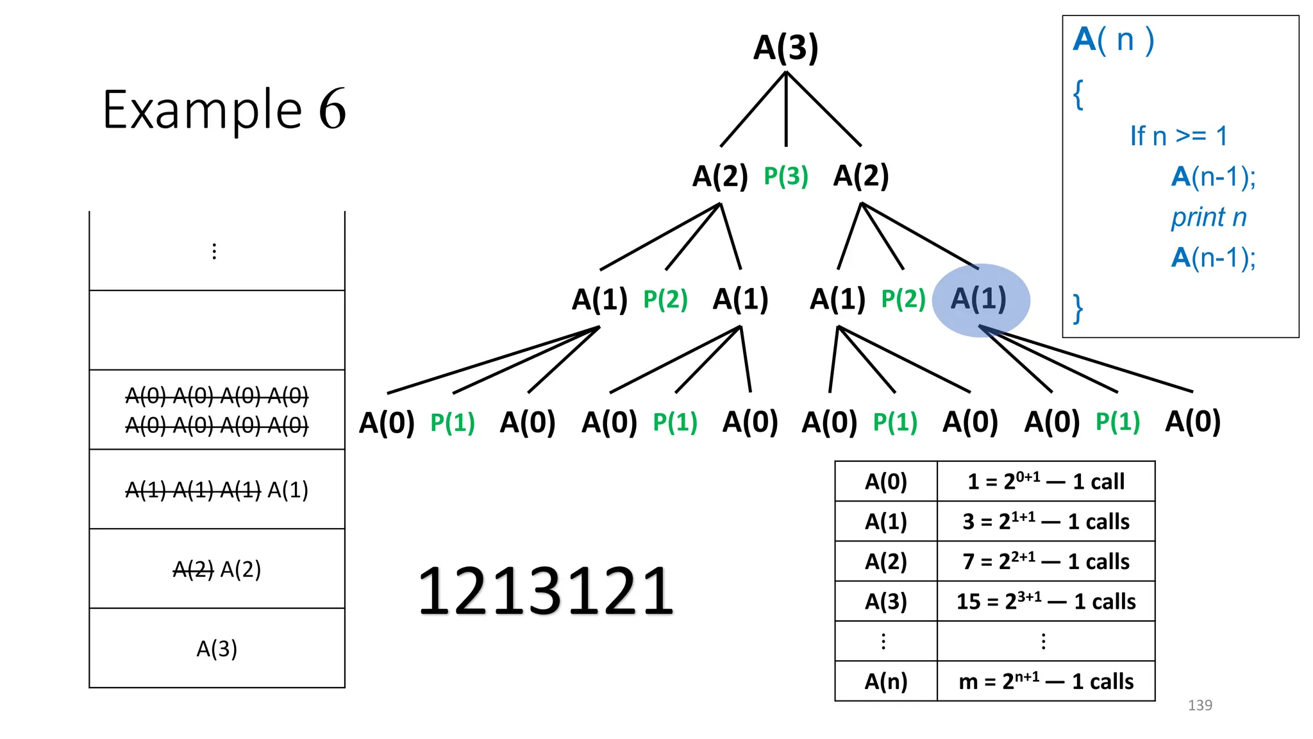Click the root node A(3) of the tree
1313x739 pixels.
785,47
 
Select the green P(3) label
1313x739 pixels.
785,176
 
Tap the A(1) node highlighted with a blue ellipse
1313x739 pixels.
979,299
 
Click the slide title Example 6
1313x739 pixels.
224,110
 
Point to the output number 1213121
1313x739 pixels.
546,591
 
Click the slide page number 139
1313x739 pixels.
1200,705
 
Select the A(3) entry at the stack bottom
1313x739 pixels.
217,649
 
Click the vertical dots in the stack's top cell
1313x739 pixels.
214,251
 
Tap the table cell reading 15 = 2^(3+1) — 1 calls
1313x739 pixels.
1046,601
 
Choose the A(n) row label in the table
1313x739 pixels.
886,681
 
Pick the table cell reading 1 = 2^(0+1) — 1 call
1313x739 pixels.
1046,481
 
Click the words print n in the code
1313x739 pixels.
1208,217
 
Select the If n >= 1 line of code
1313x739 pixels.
1178,136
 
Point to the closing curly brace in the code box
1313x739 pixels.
1078,309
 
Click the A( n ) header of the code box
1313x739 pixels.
1114,40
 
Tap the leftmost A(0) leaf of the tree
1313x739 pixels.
387,422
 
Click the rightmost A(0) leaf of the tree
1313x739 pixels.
1192,421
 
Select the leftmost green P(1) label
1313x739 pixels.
453,422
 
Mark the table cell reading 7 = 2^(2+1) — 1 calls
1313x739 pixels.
1046,561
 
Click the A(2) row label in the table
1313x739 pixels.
886,561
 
